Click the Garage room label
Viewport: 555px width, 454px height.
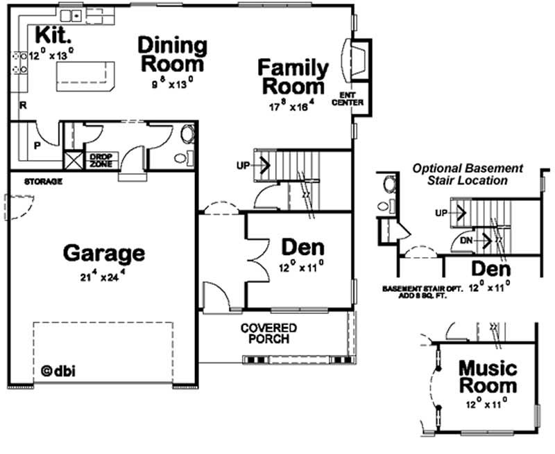(x=104, y=253)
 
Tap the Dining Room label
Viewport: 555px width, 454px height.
(x=172, y=55)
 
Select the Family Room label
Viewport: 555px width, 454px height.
(x=293, y=77)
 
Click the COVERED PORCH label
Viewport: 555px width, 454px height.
(x=268, y=333)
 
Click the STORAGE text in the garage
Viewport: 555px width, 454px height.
(x=44, y=182)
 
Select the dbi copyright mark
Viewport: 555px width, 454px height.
(x=58, y=369)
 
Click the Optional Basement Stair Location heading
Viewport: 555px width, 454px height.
(x=467, y=174)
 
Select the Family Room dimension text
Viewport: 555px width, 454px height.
(x=292, y=106)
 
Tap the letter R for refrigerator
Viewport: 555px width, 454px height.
(x=23, y=106)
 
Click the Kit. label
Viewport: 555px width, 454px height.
(x=52, y=35)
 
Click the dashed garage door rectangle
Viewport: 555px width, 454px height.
(x=103, y=351)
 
